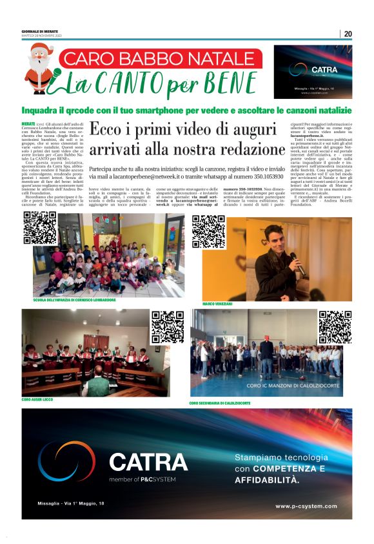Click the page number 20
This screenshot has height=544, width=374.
pyautogui.click(x=348, y=34)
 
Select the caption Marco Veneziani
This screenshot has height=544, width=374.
pyautogui.click(x=218, y=302)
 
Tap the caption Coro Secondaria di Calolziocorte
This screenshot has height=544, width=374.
pyautogui.click(x=220, y=403)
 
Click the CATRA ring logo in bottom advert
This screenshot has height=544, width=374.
pyautogui.click(x=68, y=461)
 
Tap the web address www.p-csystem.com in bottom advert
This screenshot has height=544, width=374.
pyautogui.click(x=306, y=505)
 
